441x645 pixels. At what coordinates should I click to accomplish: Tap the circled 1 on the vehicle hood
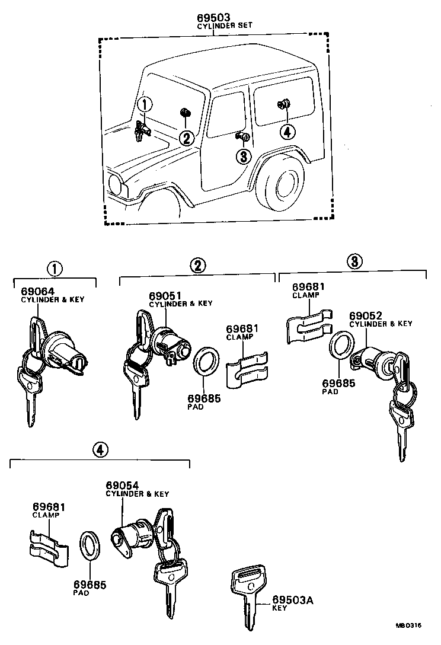tap(145, 105)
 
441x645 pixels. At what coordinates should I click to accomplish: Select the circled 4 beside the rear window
tap(286, 132)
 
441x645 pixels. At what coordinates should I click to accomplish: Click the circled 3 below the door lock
tap(243, 157)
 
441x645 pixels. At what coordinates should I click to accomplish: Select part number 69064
tap(37, 291)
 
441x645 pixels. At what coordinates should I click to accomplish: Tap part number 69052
tap(365, 315)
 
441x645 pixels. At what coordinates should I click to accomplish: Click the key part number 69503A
tap(292, 601)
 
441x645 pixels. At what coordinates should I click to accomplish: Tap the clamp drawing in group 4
tap(46, 543)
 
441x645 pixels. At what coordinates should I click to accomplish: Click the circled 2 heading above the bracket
tap(198, 265)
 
